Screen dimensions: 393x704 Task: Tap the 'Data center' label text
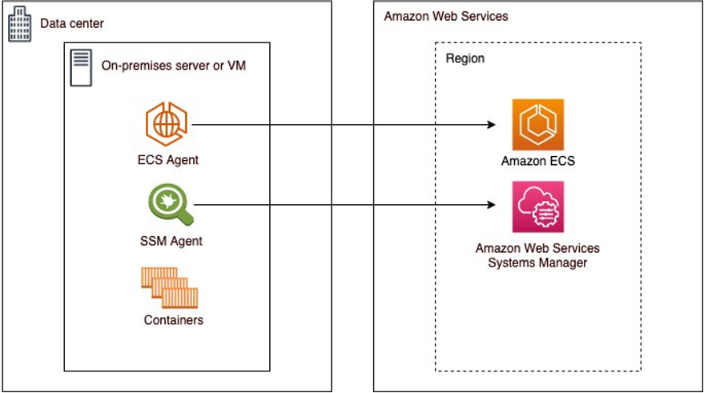pyautogui.click(x=72, y=24)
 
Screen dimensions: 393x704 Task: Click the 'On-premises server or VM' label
pyautogui.click(x=173, y=66)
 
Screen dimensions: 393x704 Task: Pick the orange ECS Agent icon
pyautogui.click(x=167, y=124)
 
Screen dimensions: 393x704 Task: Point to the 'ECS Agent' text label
pyautogui.click(x=167, y=159)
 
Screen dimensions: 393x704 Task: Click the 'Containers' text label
pyautogui.click(x=174, y=320)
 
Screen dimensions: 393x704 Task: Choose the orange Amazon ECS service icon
pyautogui.click(x=538, y=124)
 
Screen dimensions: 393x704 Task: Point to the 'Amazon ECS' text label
pyautogui.click(x=538, y=161)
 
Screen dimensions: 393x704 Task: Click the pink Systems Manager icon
pyautogui.click(x=538, y=206)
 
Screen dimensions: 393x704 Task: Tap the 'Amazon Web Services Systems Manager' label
pyautogui.click(x=537, y=255)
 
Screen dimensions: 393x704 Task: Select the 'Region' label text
pyautogui.click(x=465, y=58)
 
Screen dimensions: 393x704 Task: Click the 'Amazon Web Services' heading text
pyautogui.click(x=446, y=16)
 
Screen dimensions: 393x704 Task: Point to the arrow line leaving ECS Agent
pyautogui.click(x=336, y=125)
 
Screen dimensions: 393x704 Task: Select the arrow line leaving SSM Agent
pyautogui.click(x=336, y=205)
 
